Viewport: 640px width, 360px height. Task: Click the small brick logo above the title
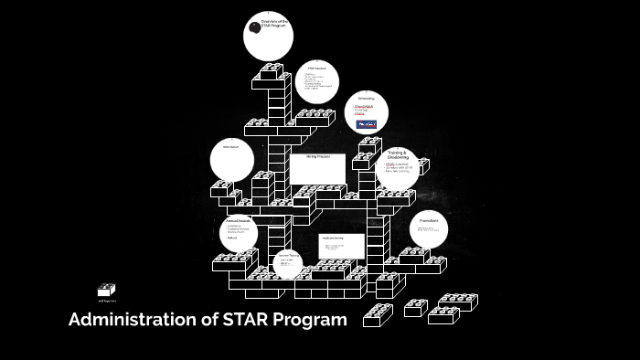click(106, 290)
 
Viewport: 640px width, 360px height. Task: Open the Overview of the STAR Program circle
click(268, 36)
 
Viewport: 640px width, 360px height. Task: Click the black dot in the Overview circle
click(255, 27)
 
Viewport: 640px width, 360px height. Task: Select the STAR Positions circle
click(317, 83)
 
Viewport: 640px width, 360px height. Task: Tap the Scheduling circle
click(367, 112)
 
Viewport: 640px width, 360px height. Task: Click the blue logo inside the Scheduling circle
click(366, 122)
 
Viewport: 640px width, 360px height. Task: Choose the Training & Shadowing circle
click(397, 168)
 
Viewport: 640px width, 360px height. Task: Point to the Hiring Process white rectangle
click(318, 167)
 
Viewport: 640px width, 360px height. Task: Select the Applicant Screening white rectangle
click(341, 245)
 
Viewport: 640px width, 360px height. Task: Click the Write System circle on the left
click(231, 160)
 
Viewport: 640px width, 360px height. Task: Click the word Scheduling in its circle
click(366, 99)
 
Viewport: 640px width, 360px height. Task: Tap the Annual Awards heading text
click(238, 220)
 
